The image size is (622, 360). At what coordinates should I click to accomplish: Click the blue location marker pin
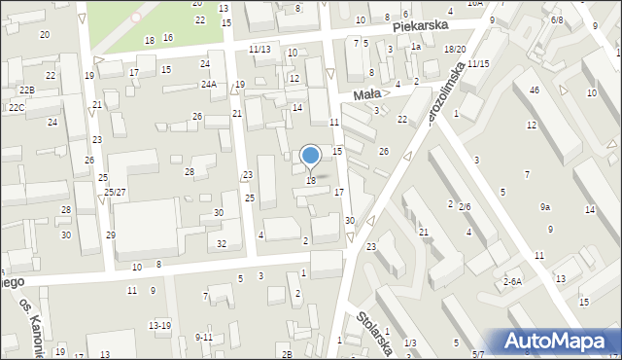(311, 157)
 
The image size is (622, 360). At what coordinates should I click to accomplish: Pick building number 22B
(27, 90)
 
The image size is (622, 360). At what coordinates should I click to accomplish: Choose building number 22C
(17, 107)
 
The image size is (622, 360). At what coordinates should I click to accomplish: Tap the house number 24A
(209, 85)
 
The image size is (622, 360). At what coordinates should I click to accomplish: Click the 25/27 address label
(115, 192)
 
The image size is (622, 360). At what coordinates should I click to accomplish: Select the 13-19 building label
(159, 325)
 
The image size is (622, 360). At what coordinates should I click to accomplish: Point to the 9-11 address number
(204, 337)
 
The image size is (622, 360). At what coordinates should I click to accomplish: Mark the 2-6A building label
(512, 281)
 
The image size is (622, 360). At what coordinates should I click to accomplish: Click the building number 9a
(545, 207)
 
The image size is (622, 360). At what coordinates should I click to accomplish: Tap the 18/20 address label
(454, 49)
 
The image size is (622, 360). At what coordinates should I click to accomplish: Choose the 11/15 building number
(478, 63)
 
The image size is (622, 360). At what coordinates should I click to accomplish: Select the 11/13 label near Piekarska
(259, 49)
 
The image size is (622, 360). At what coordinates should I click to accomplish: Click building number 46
(534, 90)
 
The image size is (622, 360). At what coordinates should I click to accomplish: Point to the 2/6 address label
(465, 207)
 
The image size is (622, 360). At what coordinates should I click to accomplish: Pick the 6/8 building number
(556, 19)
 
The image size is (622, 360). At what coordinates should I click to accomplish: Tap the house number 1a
(415, 46)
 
